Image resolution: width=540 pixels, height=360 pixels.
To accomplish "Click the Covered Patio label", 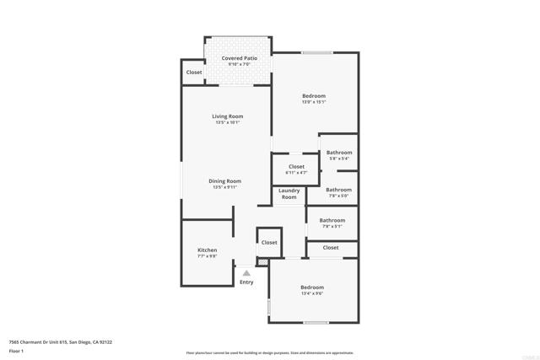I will [240, 58].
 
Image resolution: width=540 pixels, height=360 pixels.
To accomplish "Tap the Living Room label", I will [227, 116].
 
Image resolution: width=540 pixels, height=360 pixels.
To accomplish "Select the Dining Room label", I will [225, 180].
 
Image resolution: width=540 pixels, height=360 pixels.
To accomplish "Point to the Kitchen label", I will [208, 250].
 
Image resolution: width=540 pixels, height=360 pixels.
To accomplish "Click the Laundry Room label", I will [289, 194].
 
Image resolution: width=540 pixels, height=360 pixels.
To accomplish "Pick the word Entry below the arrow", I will [246, 282].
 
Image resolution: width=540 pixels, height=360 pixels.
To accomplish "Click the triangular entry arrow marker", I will [246, 272].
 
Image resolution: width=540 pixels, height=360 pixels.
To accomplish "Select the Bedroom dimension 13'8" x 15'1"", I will [314, 102].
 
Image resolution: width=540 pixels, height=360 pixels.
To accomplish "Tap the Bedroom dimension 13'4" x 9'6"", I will [312, 293].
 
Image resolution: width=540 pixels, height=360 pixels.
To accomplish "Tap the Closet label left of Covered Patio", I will [194, 73].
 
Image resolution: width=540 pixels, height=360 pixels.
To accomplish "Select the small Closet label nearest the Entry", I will [269, 242].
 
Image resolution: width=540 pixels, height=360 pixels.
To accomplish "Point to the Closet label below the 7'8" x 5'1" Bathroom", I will [331, 247].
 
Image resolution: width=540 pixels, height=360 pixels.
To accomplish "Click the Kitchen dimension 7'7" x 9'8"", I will [208, 255].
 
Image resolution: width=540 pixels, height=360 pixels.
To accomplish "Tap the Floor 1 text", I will [16, 350].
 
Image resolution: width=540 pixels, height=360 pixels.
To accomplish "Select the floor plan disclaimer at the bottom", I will [269, 352].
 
